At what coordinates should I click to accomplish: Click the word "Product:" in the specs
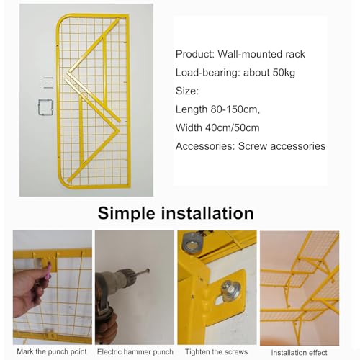click(x=195, y=54)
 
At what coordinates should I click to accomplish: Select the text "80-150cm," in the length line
click(x=235, y=109)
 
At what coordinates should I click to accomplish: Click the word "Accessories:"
click(x=205, y=146)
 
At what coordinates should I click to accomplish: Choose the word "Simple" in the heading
click(x=127, y=213)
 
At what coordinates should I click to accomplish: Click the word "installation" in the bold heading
click(x=207, y=213)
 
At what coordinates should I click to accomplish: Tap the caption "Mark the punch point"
click(x=52, y=352)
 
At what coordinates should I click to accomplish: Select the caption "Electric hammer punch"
click(x=135, y=352)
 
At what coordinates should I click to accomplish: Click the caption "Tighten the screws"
click(x=216, y=352)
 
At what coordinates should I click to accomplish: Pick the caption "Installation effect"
click(x=299, y=353)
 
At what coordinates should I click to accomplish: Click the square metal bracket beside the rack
click(x=45, y=107)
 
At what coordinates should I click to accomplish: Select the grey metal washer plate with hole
click(x=192, y=243)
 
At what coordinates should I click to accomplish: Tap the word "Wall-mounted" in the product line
click(x=250, y=54)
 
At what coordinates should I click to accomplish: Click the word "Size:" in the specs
click(x=187, y=91)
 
